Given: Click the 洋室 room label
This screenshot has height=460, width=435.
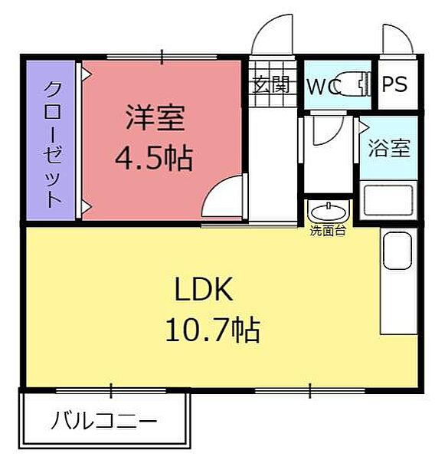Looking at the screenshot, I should [155, 120].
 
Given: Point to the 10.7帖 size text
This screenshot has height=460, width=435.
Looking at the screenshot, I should [212, 330].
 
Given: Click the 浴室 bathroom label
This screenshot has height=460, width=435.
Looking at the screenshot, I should [389, 147].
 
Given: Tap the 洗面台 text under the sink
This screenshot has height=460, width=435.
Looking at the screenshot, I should [327, 230].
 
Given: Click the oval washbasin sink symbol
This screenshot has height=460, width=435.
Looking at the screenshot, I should [327, 210].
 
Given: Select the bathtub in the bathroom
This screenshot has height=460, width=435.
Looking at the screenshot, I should [388, 199].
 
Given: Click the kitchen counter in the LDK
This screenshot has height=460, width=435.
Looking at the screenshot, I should [398, 284].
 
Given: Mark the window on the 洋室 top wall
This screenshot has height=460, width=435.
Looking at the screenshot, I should [162, 56].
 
